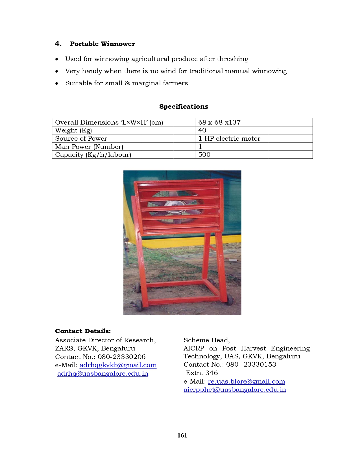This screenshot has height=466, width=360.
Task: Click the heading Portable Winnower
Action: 102,44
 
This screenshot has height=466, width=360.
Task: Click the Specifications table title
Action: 184,106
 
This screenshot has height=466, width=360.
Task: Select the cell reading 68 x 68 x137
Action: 219,122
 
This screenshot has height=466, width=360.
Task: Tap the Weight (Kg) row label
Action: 73,130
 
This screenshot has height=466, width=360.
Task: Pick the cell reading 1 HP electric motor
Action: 229,138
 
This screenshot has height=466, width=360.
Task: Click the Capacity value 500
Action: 204,154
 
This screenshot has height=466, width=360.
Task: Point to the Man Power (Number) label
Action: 89,147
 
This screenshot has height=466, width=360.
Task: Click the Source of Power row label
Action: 81,138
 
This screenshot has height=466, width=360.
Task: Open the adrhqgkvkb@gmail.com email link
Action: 118,365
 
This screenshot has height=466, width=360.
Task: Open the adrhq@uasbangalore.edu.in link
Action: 103,373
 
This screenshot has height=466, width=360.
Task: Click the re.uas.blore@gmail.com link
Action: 246,381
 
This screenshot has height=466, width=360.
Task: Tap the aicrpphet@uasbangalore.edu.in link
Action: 235,389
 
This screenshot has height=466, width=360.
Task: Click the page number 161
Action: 182,435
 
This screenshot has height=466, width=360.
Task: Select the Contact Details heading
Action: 83,331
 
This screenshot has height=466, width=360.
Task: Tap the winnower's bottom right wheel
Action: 230,300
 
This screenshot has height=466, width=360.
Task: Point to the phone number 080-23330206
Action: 122,357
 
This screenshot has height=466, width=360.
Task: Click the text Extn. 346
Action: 202,373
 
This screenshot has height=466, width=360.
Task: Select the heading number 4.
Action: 58,44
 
